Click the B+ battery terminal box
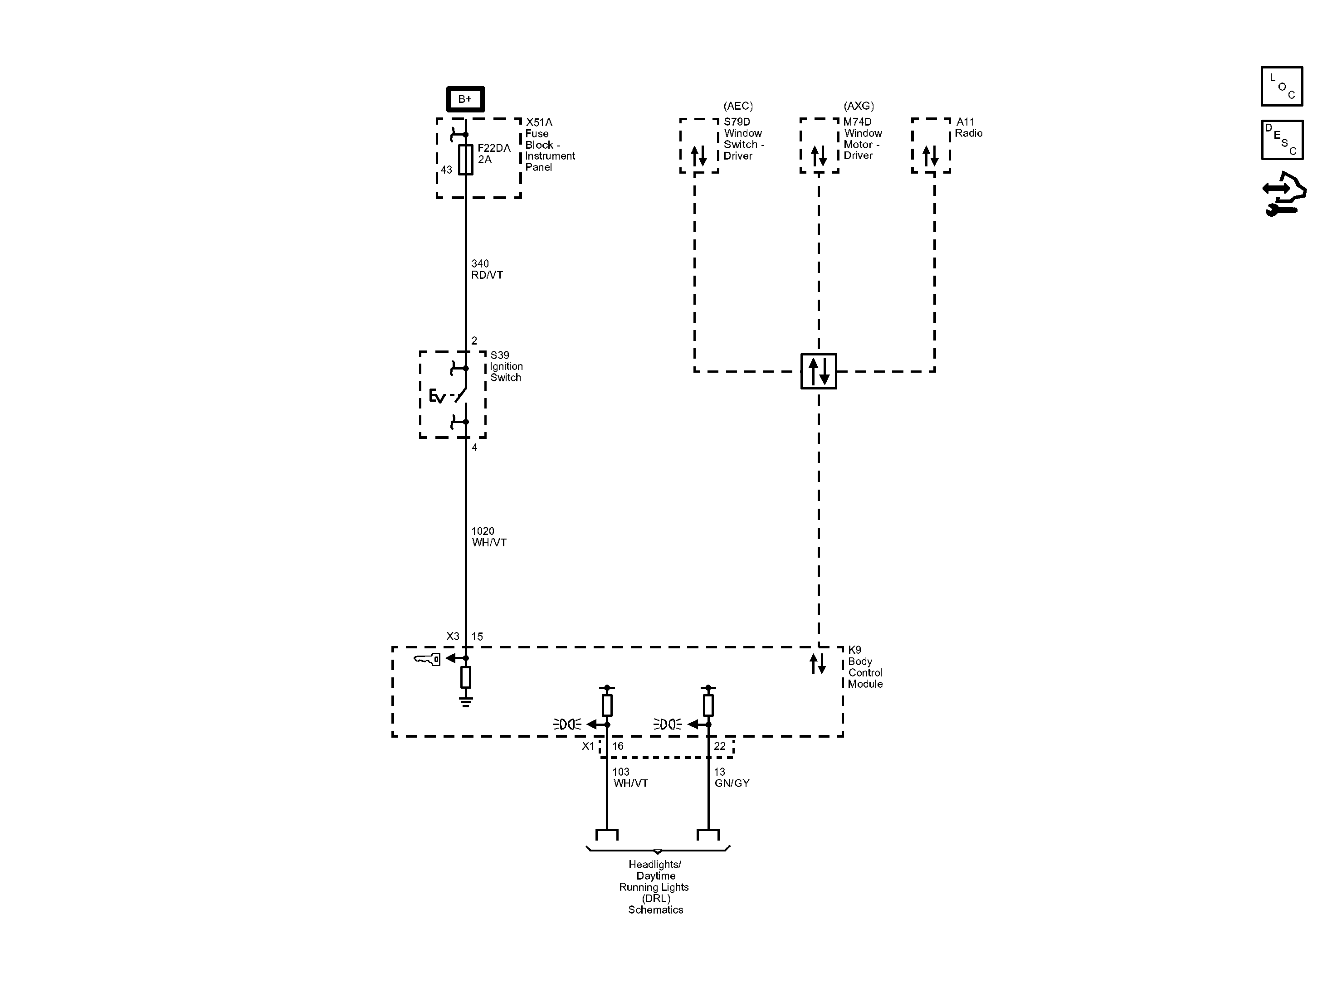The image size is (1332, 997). [465, 99]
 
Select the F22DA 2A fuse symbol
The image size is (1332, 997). [465, 160]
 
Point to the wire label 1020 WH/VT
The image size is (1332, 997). [488, 536]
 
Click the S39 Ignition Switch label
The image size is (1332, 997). [506, 366]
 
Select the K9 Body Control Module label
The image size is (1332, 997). [865, 666]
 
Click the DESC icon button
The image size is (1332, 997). [1282, 140]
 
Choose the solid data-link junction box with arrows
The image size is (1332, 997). [818, 371]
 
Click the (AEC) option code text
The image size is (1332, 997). [738, 106]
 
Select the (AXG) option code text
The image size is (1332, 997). [859, 106]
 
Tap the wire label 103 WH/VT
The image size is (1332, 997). [630, 777]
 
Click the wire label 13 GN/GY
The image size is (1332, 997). [732, 777]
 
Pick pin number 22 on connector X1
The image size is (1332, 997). [720, 746]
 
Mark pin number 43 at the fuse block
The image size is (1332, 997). [446, 170]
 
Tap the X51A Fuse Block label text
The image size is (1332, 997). [550, 145]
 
